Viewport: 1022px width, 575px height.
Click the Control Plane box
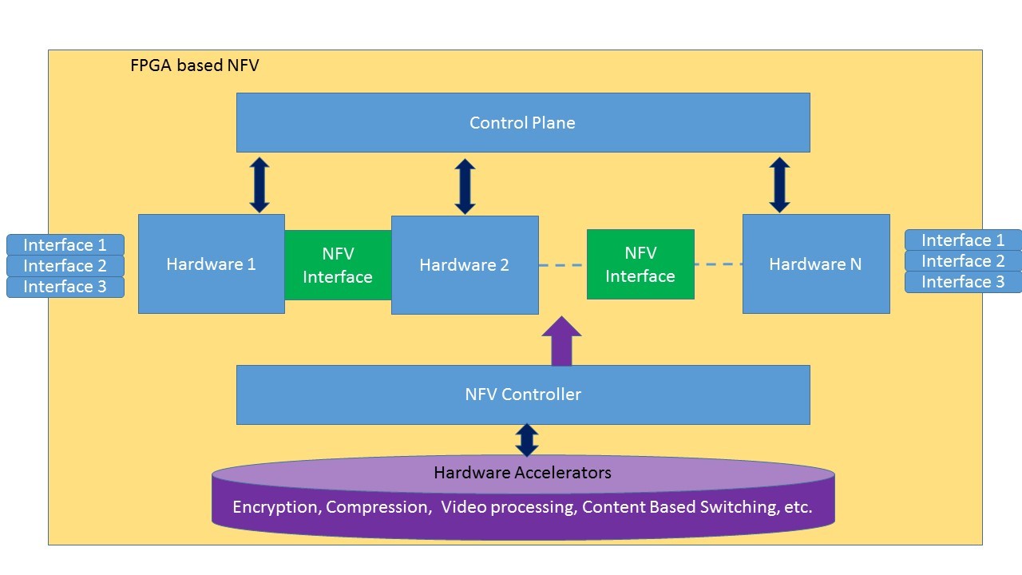point(523,122)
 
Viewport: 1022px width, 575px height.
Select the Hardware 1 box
point(212,264)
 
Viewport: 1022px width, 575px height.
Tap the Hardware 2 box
point(465,265)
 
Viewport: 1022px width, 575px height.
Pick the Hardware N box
point(816,264)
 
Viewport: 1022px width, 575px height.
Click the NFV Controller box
point(523,395)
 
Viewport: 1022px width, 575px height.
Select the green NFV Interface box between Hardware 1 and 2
point(338,265)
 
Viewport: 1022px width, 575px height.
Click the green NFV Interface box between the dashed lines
point(640,264)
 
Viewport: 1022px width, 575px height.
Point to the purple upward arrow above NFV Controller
point(561,341)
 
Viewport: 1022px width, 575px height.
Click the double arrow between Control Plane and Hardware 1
point(259,184)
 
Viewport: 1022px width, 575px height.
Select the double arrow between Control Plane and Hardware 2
point(465,186)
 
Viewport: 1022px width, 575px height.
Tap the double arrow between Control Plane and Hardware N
point(780,184)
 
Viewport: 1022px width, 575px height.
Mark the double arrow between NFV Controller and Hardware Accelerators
point(527,440)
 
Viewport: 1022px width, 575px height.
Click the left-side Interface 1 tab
point(65,245)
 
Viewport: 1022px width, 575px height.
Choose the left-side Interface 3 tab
point(65,287)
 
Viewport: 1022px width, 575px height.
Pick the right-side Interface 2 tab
point(963,261)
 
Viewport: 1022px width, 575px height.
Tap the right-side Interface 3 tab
point(963,282)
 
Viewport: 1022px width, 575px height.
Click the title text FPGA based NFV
point(195,65)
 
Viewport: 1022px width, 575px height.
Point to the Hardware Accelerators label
point(522,473)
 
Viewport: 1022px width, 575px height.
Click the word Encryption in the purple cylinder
point(276,507)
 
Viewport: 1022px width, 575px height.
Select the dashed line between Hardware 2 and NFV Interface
point(563,264)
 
